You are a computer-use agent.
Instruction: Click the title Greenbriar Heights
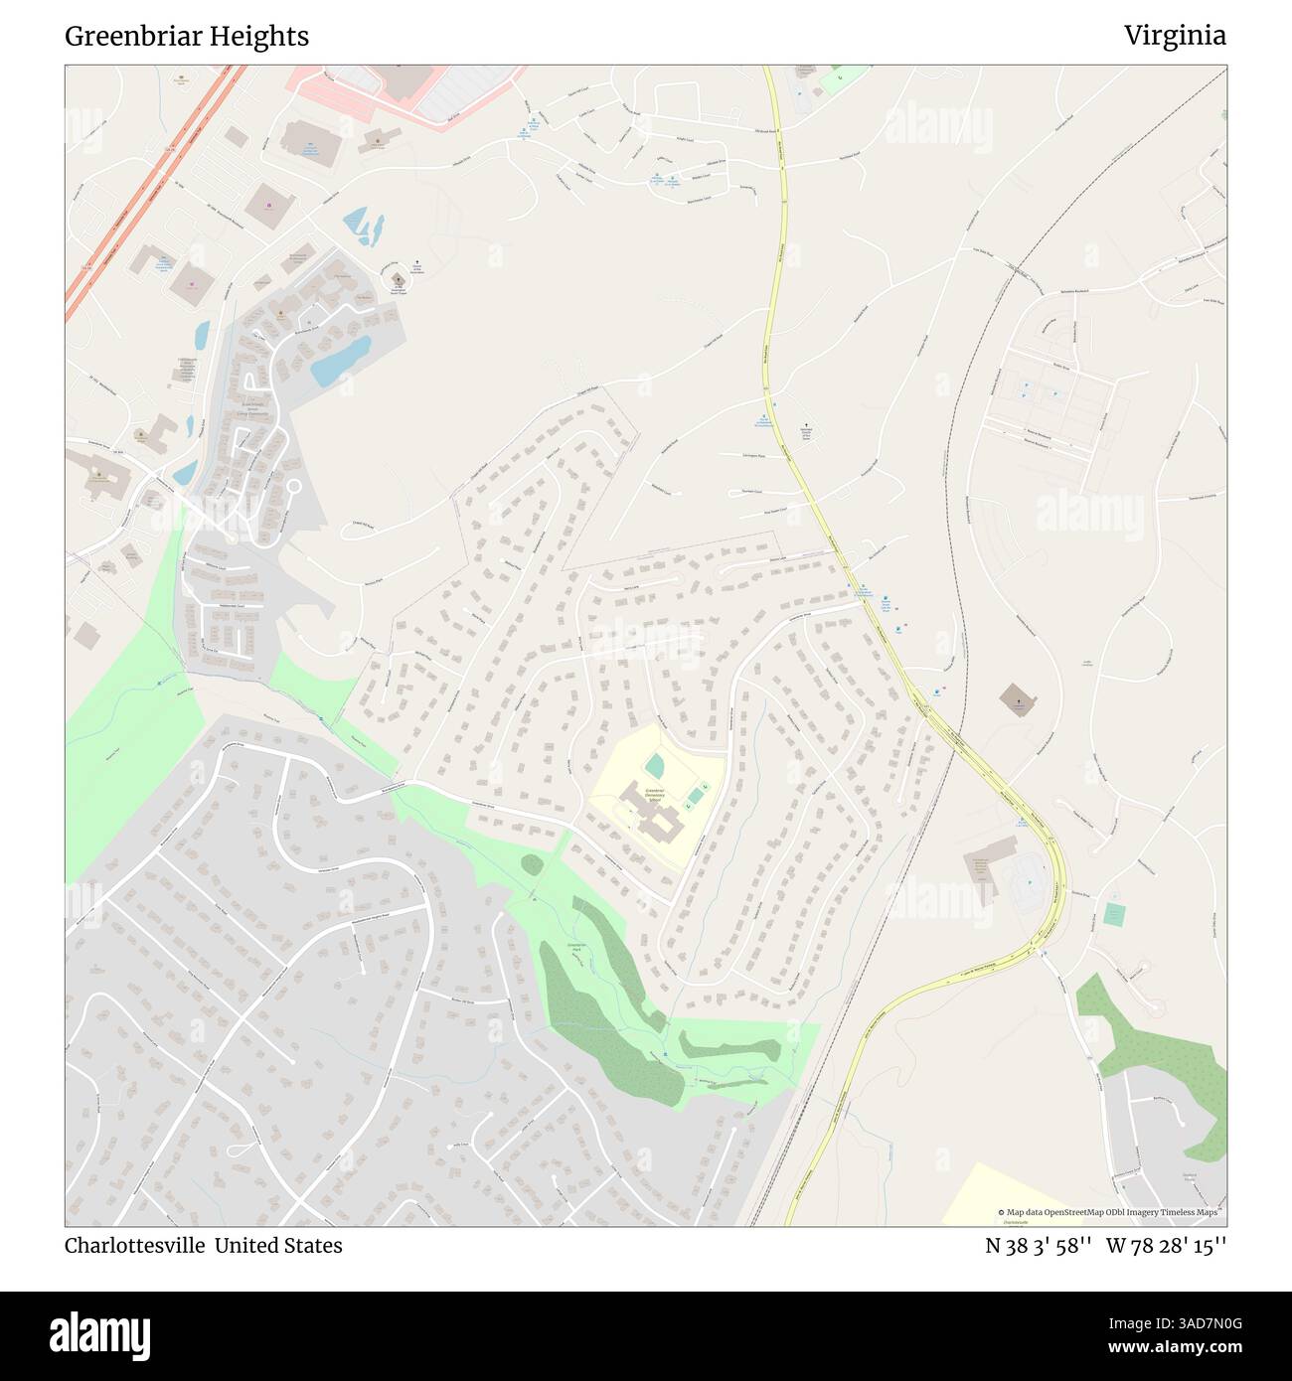pos(187,37)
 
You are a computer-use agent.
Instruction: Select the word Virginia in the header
pos(1175,37)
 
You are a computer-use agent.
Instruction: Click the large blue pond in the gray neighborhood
pos(340,361)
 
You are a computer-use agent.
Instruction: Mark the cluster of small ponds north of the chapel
pos(364,228)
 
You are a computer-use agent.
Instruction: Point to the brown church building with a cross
pos(1016,700)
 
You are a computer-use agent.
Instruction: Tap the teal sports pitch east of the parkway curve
pos(1114,912)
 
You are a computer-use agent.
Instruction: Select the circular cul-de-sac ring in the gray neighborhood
pos(292,489)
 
